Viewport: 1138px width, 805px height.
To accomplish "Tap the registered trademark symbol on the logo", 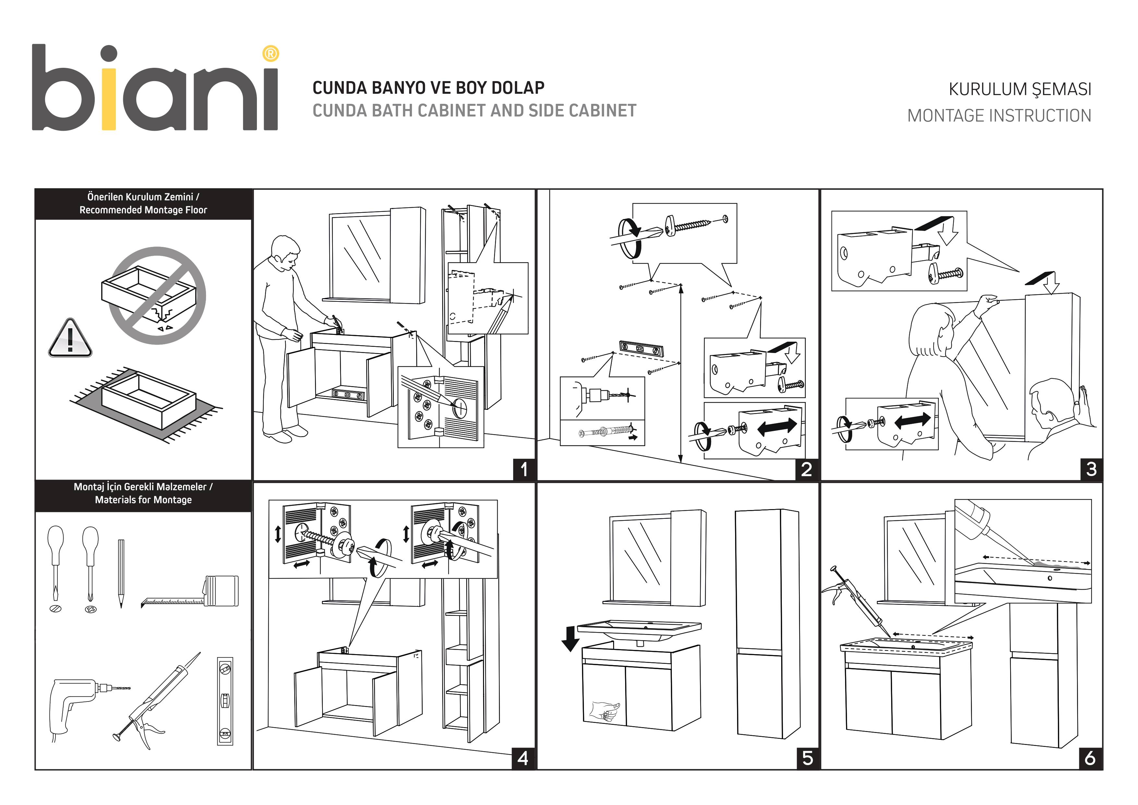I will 270,54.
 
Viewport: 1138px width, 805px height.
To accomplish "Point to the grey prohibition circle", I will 157,296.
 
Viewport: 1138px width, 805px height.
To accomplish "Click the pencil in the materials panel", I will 121,573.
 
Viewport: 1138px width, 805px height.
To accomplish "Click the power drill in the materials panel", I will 79,704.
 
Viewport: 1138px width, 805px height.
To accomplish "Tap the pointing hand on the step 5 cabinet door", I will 605,710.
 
